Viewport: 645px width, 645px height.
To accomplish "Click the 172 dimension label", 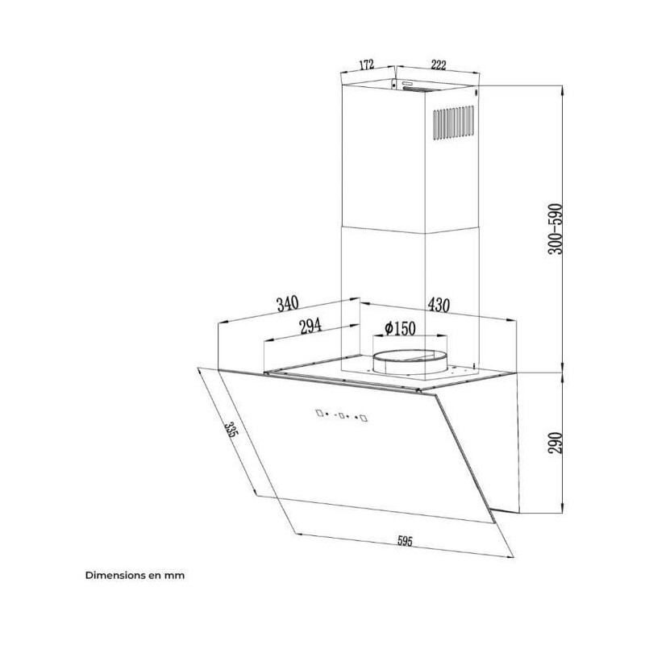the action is pyautogui.click(x=366, y=64).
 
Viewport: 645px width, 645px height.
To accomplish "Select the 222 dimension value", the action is pyautogui.click(x=439, y=64).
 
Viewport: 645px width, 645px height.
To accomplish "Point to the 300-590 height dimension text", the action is pyautogui.click(x=555, y=229).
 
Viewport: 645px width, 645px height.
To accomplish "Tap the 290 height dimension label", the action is pyautogui.click(x=555, y=443).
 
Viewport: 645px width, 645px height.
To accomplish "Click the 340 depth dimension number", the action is pyautogui.click(x=288, y=304).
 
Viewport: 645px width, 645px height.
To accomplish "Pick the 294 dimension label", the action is pyautogui.click(x=310, y=326).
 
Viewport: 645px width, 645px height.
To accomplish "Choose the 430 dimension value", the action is pyautogui.click(x=439, y=305).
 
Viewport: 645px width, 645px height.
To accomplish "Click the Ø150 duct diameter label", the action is pyautogui.click(x=400, y=328).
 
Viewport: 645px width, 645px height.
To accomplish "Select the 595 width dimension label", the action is pyautogui.click(x=405, y=541).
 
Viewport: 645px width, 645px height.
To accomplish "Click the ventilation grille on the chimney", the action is pyautogui.click(x=453, y=123).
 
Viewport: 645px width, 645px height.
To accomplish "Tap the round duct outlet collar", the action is pyautogui.click(x=410, y=361).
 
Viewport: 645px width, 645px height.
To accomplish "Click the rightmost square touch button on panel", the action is pyautogui.click(x=364, y=418).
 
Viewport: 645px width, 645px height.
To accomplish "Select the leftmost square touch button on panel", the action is pyautogui.click(x=319, y=413).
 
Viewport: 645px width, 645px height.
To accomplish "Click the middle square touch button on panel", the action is pyautogui.click(x=341, y=415).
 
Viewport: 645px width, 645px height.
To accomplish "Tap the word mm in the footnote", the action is pyautogui.click(x=175, y=576).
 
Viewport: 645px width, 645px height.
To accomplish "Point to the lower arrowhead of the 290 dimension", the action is pyautogui.click(x=562, y=507).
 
